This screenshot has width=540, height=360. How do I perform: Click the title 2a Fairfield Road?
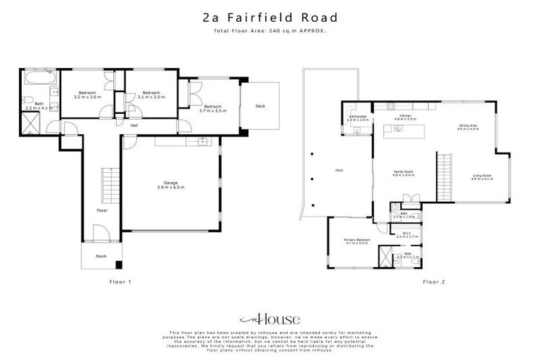tap(269, 17)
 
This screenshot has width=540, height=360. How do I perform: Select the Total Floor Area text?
tap(269, 31)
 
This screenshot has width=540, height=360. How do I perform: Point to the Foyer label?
tap(103, 210)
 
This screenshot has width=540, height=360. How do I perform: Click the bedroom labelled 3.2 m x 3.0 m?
tap(86, 95)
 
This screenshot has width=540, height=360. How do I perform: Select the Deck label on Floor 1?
tap(260, 106)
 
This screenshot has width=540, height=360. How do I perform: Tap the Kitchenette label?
tap(358, 118)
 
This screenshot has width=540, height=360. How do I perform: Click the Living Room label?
tap(482, 177)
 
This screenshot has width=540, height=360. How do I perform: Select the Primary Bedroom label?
tap(356, 241)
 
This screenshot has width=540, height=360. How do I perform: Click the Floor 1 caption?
tap(120, 281)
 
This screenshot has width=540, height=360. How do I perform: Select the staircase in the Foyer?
tap(108, 184)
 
